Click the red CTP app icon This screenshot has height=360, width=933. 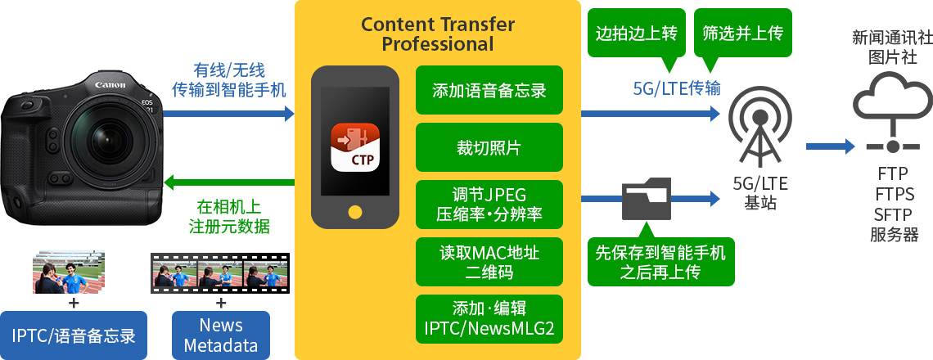coord(355,147)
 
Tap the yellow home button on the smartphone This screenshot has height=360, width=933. coord(355,212)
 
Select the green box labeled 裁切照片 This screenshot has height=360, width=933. coord(489,147)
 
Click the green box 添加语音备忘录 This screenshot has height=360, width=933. coord(489,90)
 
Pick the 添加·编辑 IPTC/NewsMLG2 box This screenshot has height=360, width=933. coord(489,319)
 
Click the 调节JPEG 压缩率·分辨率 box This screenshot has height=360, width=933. coord(489,205)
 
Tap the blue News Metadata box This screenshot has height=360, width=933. coord(221,335)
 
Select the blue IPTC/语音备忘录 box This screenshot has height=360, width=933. coord(74,335)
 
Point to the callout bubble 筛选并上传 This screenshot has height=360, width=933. coord(742,33)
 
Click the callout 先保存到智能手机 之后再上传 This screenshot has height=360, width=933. coord(661,262)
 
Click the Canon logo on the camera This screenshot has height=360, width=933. coord(110,85)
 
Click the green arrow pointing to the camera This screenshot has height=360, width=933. coord(228,182)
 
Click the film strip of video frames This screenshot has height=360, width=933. coord(221,274)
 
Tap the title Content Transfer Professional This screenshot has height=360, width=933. coord(438,34)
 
